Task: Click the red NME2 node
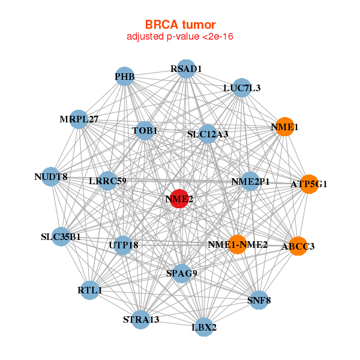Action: [179, 199]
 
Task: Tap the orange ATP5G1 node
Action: [310, 184]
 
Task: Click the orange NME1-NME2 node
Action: [238, 244]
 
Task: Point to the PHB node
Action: [124, 76]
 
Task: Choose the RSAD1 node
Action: [186, 69]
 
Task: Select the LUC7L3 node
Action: [241, 88]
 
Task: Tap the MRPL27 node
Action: [79, 119]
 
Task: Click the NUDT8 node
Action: [51, 177]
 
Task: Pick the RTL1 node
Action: [89, 290]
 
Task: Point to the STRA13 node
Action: [141, 319]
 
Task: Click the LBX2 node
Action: [203, 327]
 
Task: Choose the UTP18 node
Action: [123, 245]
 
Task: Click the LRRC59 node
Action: [107, 181]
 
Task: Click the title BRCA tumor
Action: [179, 25]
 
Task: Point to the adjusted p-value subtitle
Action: [179, 37]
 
